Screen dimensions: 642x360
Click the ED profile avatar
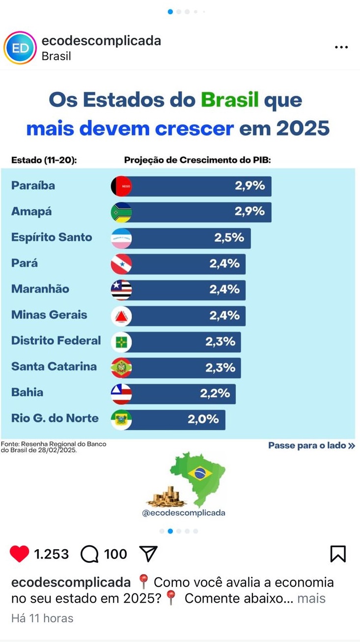pyautogui.click(x=20, y=48)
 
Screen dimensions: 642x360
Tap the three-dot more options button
pyautogui.click(x=341, y=48)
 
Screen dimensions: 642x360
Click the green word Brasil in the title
pyautogui.click(x=229, y=100)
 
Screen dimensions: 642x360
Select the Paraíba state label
pyautogui.click(x=33, y=186)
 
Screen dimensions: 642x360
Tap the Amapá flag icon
pyautogui.click(x=121, y=212)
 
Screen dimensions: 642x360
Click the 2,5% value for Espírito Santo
pyautogui.click(x=229, y=238)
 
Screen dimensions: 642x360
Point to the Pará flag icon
pyautogui.click(x=121, y=264)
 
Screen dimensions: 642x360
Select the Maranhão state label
pyautogui.click(x=40, y=289)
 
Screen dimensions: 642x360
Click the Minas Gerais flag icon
pyautogui.click(x=121, y=316)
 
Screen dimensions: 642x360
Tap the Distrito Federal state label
pyautogui.click(x=56, y=340)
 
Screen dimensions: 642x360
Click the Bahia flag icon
pyautogui.click(x=121, y=393)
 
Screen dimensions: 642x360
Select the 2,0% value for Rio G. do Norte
pyautogui.click(x=203, y=419)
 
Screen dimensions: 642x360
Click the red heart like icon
pyautogui.click(x=20, y=554)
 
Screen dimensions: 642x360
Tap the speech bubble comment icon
pyautogui.click(x=89, y=554)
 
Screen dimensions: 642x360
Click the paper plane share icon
pyautogui.click(x=148, y=554)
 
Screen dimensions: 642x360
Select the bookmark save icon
pyautogui.click(x=338, y=554)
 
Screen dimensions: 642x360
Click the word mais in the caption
pyautogui.click(x=311, y=598)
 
